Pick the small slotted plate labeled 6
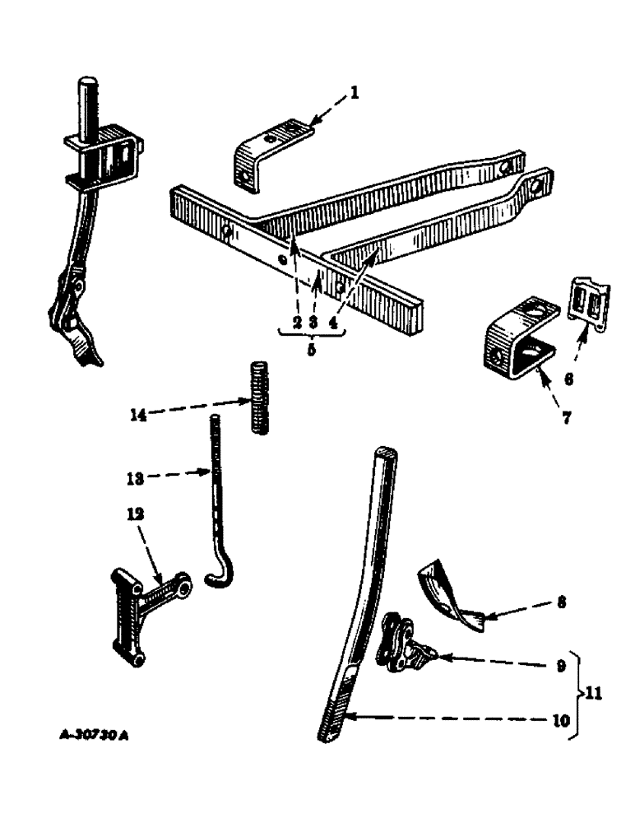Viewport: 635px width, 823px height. click(x=591, y=305)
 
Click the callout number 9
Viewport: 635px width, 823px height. click(x=561, y=666)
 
